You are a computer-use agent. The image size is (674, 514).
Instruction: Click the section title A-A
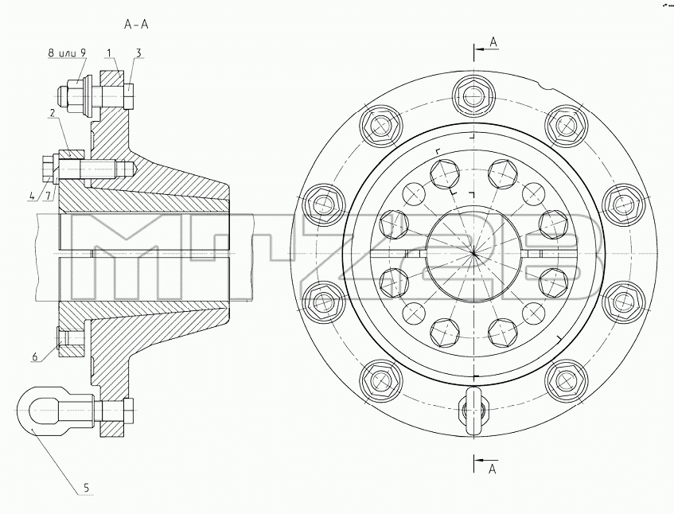136,25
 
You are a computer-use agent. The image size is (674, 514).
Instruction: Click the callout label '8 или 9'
67,53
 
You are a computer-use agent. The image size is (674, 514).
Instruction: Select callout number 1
109,53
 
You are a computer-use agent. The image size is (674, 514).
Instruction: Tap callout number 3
138,53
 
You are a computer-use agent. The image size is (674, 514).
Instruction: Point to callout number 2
52,113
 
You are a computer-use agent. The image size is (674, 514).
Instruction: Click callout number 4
33,197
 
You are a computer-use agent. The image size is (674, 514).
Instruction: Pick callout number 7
49,197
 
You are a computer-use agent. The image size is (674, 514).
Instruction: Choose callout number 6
35,356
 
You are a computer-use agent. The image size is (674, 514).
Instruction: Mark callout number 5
86,488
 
